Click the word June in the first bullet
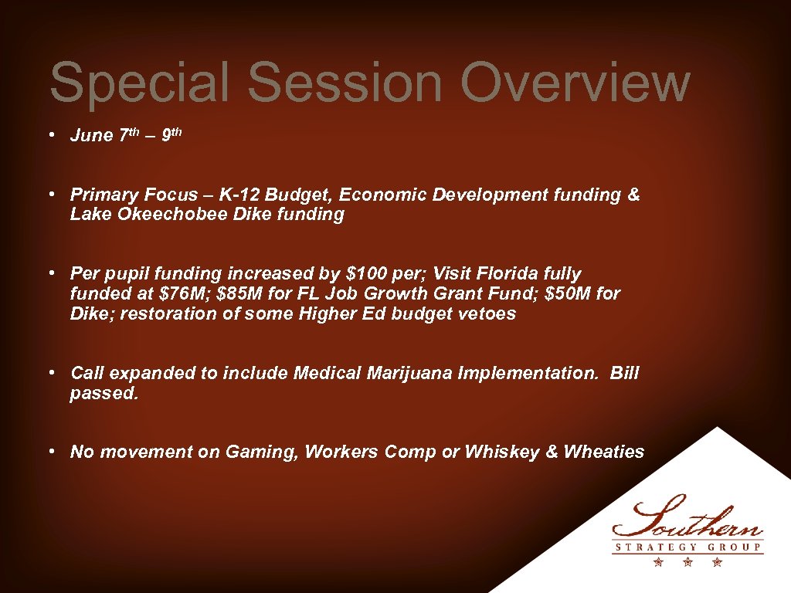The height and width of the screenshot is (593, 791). [92, 136]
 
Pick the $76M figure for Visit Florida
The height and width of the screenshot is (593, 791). [157, 294]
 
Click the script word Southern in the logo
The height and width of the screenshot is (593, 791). [687, 518]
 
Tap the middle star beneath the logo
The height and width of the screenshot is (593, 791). [687, 562]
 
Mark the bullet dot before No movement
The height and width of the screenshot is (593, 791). [48, 451]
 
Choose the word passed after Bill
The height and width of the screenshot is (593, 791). [104, 394]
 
